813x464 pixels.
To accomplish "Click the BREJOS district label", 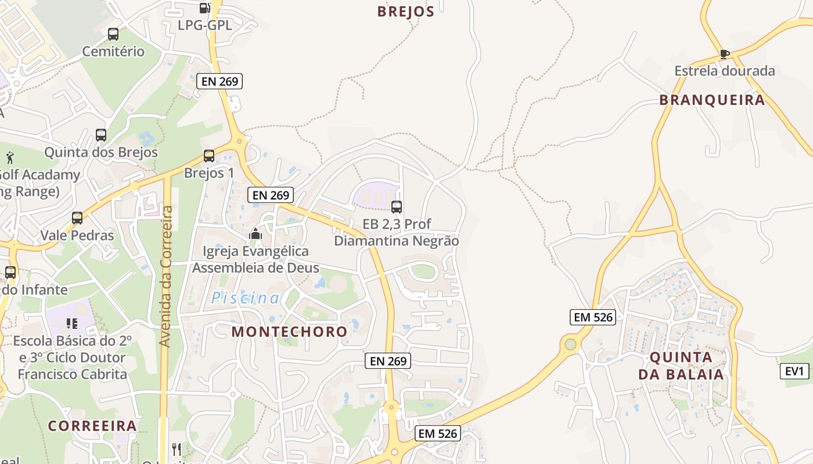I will [x=406, y=12].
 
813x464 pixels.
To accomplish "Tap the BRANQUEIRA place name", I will [x=712, y=100].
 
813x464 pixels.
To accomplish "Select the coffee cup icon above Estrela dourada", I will [x=724, y=54].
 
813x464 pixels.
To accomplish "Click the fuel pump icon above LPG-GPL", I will [x=204, y=8].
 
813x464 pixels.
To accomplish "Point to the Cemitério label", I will [x=113, y=51].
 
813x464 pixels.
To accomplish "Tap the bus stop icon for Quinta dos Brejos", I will [x=101, y=135].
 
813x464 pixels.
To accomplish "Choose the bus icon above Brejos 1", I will [x=209, y=156].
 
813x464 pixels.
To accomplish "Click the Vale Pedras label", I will [x=77, y=235].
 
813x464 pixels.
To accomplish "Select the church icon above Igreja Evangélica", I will [x=256, y=234].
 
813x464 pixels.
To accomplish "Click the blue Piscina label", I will [x=245, y=298].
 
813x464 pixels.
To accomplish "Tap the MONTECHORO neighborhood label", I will [x=289, y=332].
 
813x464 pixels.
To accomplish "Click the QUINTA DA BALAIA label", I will [x=681, y=365].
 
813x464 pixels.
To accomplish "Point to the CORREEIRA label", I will [x=92, y=426].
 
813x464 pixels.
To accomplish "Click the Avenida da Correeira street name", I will [x=166, y=276].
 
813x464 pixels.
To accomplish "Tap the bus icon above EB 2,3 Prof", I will [x=397, y=206].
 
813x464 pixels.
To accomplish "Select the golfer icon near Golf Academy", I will [x=10, y=157].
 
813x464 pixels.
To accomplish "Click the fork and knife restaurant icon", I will [x=177, y=449].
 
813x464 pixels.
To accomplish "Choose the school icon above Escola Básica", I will [x=72, y=323].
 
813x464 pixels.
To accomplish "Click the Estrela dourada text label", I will [x=724, y=71].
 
